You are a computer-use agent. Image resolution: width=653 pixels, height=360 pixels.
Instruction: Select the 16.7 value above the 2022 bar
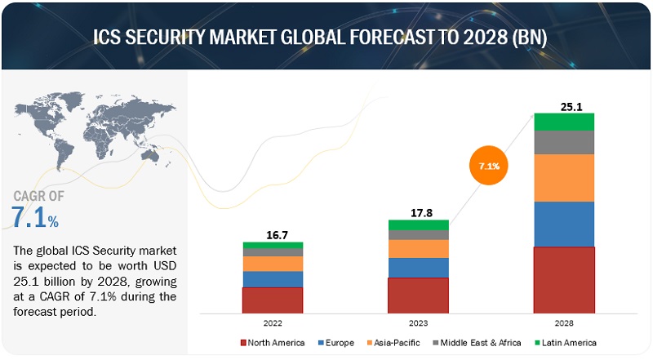tap(273, 235)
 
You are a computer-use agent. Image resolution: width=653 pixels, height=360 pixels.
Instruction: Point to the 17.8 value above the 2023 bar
tap(419, 211)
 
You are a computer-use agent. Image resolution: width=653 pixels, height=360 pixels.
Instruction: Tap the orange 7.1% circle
tap(488, 166)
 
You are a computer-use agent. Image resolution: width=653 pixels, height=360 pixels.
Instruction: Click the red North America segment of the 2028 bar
tap(564, 279)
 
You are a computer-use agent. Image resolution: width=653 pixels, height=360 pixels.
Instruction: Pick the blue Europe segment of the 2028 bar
tap(564, 224)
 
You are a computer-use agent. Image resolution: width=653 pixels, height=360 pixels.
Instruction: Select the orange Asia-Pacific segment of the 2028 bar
tap(564, 178)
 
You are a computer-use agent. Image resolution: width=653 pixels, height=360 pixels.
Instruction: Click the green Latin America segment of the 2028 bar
tap(564, 122)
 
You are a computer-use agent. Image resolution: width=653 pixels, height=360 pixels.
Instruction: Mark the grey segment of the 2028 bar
tap(564, 142)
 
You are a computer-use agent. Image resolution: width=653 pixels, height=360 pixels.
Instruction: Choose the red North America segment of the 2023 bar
tap(419, 295)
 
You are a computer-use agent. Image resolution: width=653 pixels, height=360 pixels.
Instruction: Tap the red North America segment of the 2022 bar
tap(273, 300)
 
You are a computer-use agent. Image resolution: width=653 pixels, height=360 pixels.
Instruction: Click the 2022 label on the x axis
tap(273, 322)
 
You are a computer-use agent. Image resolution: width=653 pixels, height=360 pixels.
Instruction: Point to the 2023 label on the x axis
tap(419, 322)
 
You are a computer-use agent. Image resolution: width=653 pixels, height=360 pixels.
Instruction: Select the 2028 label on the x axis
tap(564, 322)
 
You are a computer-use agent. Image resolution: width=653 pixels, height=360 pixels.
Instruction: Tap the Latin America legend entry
tap(564, 343)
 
